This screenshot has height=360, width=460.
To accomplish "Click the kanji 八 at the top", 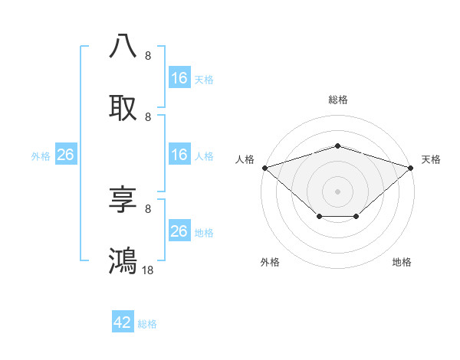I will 123,46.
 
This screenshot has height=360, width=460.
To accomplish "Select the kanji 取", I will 123,108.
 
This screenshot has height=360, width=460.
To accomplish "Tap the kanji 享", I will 123,199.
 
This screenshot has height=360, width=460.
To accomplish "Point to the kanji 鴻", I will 123,260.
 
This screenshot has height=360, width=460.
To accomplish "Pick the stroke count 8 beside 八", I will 148,55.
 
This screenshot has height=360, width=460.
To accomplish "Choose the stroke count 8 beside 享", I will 148,208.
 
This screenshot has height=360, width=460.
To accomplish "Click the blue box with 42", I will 123,322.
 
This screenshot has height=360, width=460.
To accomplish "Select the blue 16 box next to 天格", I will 179,77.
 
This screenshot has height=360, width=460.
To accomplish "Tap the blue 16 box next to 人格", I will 179,155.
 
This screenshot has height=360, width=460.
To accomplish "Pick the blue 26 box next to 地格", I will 179,231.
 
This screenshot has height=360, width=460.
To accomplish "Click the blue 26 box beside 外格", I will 65,155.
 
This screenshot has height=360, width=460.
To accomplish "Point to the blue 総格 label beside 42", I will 147,324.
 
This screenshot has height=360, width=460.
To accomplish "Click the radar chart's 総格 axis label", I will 337,100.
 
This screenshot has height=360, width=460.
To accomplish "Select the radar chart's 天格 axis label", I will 431,159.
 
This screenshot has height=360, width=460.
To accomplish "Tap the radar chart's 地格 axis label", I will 402,262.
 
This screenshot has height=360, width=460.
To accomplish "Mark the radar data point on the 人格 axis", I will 264,168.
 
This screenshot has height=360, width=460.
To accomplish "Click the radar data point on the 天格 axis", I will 411,168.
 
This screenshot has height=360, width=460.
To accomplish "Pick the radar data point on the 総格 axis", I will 337,146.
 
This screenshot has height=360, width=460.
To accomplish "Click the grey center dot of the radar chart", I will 337,191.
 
